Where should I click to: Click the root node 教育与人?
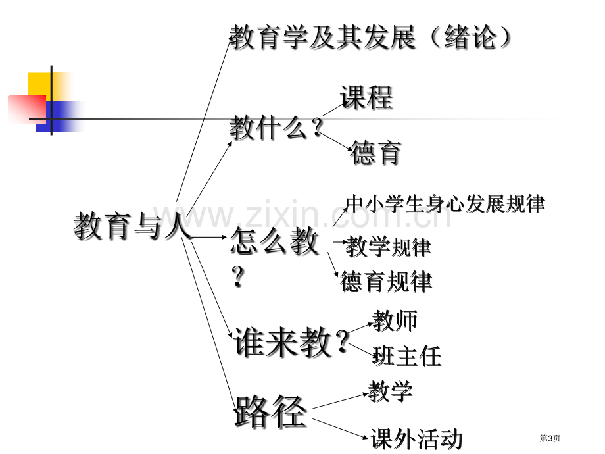point(132,226)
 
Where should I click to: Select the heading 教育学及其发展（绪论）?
point(370,37)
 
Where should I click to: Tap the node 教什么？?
point(276,127)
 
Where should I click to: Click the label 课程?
point(366,97)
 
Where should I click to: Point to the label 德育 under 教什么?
point(375,153)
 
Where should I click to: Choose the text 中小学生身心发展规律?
point(445,203)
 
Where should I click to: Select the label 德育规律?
point(386,281)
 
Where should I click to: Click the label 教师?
point(395,320)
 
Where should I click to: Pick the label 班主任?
point(406,355)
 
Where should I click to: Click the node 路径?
point(271,411)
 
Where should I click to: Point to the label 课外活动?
point(416,439)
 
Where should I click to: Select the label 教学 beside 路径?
point(390,391)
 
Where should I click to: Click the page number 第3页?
point(550,438)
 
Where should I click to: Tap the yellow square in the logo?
point(40,84)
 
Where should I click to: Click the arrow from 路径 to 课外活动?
point(340,428)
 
